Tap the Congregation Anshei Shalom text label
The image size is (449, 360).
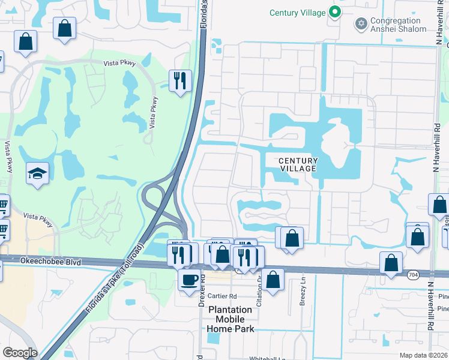click(x=399, y=25)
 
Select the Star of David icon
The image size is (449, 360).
click(x=361, y=23)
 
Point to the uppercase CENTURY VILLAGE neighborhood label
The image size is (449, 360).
click(x=298, y=164)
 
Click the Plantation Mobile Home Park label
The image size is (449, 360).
click(x=231, y=319)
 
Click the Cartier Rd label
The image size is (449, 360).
click(x=223, y=296)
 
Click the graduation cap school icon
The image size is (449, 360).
click(x=37, y=175)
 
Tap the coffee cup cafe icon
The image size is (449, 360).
click(x=190, y=280)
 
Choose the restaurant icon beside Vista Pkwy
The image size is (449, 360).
click(x=179, y=80)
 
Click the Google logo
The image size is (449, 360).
click(x=20, y=353)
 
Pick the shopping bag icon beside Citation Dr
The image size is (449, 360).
click(x=273, y=280)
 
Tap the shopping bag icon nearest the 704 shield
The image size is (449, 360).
click(x=391, y=263)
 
